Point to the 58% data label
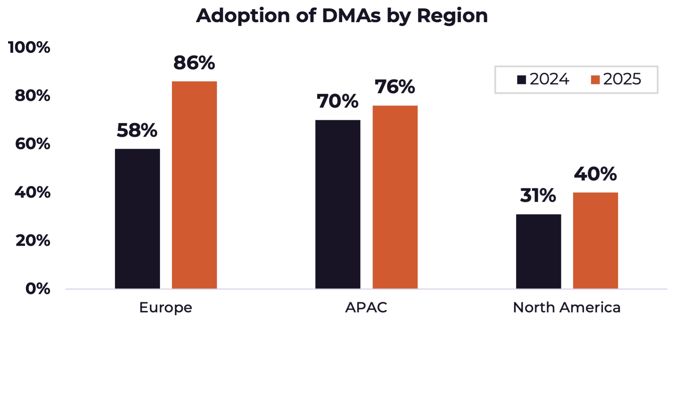tap(136, 130)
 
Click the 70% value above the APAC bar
tap(338, 102)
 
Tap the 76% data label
tap(395, 88)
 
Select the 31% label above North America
tap(537, 196)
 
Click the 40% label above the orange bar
tap(595, 175)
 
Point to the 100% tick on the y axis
tap(29, 47)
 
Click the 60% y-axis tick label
tap(32, 144)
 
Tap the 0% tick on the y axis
tap(38, 289)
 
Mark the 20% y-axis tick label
tap(32, 241)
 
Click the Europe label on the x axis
tap(165, 309)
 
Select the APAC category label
tap(366, 308)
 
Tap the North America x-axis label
tap(566, 308)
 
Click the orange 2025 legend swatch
tap(595, 80)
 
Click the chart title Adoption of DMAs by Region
tap(342, 16)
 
